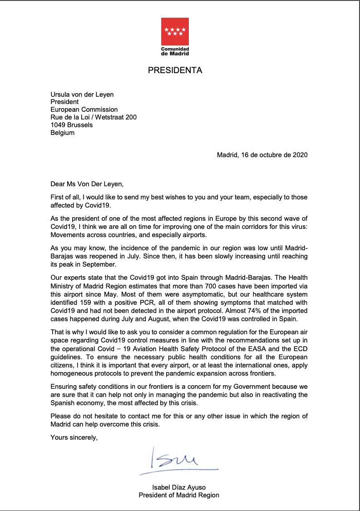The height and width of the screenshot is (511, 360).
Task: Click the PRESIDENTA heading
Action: (175, 70)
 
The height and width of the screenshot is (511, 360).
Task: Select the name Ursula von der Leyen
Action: (82, 94)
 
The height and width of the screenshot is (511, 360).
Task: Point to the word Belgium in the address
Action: (62, 133)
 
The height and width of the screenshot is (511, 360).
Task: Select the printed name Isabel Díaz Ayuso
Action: (179, 487)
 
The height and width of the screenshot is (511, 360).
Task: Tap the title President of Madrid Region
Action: (179, 495)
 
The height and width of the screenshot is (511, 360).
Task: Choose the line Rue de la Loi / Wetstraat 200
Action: (94, 117)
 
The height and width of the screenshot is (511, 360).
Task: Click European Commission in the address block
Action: (84, 109)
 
